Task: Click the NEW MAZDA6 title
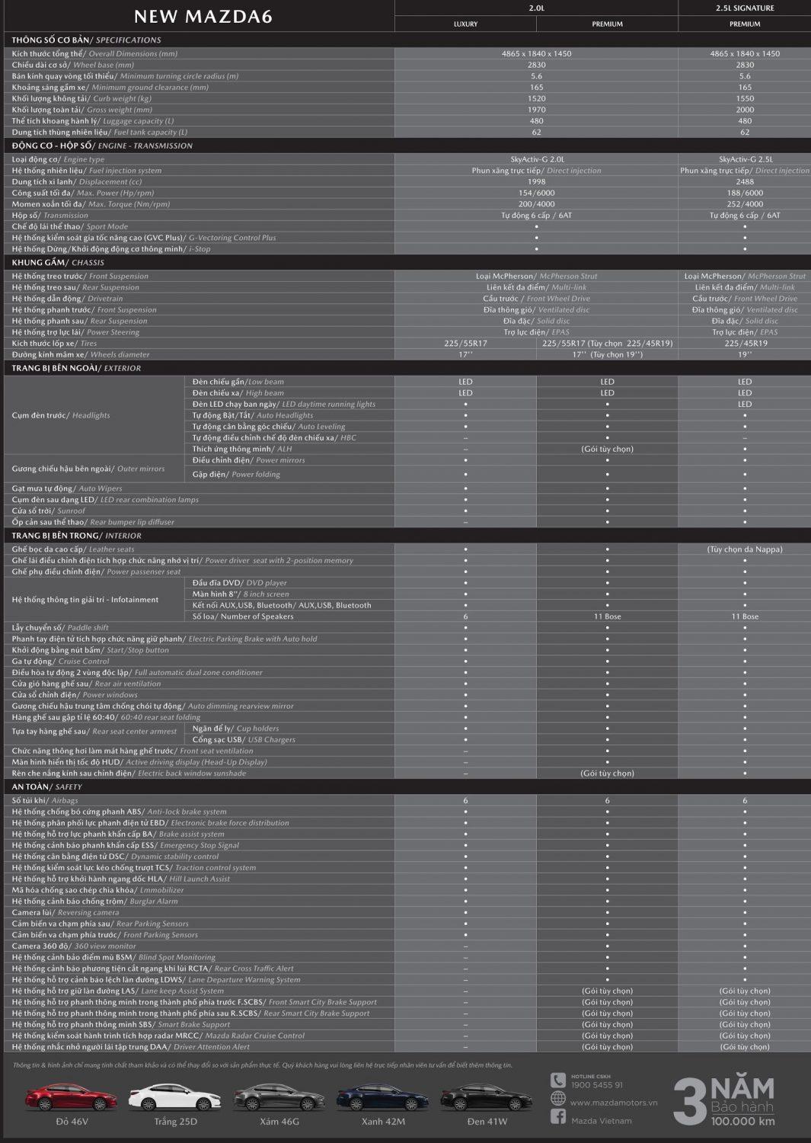[203, 16]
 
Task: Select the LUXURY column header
[465, 24]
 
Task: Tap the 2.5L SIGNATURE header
[744, 8]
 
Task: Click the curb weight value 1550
[745, 98]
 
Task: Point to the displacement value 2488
[745, 182]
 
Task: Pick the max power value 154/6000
[536, 194]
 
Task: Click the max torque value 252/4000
[745, 204]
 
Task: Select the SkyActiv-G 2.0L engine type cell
[536, 160]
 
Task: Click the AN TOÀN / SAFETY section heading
[47, 787]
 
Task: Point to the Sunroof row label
[49, 511]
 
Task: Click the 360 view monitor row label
[73, 946]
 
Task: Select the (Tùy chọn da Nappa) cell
[745, 549]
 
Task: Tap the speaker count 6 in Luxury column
[465, 616]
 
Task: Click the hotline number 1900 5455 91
[596, 1085]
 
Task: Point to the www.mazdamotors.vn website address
[613, 1103]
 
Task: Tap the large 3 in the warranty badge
[689, 1102]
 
